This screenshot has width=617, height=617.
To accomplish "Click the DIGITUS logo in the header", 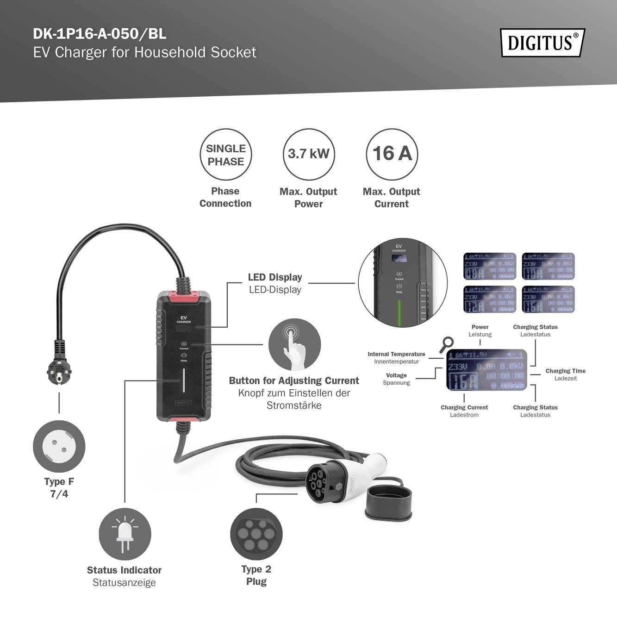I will (542, 43).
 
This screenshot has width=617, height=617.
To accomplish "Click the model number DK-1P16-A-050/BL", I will (100, 34).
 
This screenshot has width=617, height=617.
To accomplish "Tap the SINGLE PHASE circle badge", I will (225, 155).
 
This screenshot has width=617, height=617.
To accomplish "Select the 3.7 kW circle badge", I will (309, 154).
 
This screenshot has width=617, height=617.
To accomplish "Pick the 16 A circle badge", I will (392, 154).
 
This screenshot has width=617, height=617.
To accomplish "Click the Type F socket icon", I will (59, 446).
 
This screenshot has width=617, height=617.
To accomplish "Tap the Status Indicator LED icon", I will (125, 534).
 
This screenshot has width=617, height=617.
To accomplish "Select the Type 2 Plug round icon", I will (256, 534).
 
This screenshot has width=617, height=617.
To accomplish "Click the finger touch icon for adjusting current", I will (294, 344).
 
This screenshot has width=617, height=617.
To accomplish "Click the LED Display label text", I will (275, 277).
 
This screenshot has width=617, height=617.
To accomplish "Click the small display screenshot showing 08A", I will (490, 266).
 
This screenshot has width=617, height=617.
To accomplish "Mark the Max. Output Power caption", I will (308, 198).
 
